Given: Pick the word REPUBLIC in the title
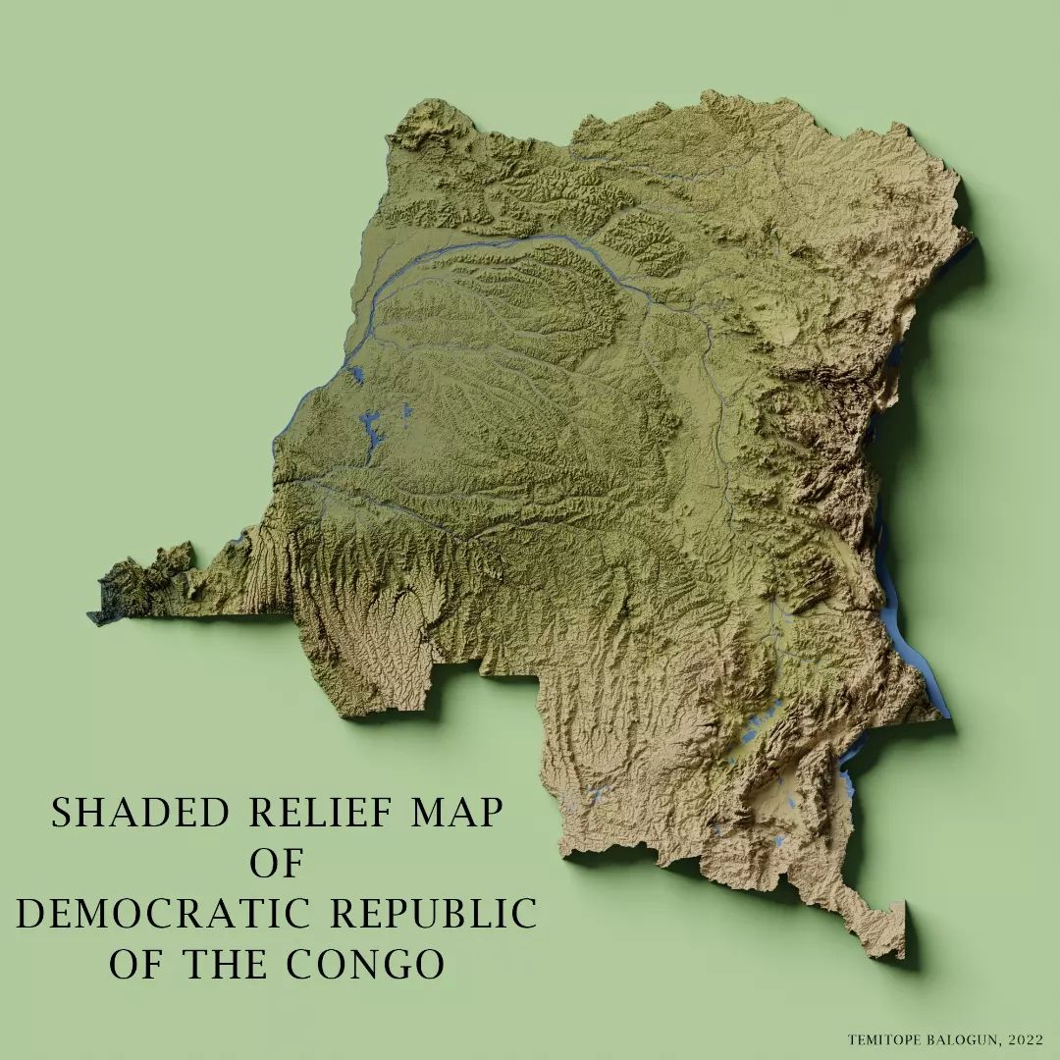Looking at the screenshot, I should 433,914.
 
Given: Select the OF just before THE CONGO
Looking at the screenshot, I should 136,965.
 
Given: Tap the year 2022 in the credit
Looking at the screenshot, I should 1025,1039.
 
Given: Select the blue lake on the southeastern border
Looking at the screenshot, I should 846,785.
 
